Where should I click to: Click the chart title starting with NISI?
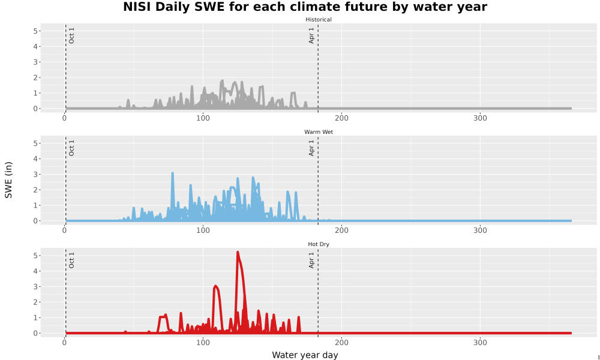[x=305, y=7]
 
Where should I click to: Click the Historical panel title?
[x=319, y=20]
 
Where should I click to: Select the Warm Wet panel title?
[x=319, y=132]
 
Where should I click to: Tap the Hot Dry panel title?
[x=319, y=244]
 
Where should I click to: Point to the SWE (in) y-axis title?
[x=8, y=180]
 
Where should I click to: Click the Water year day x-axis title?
[x=305, y=355]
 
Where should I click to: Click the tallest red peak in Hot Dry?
[x=238, y=252]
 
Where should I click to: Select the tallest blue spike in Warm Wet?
[x=173, y=173]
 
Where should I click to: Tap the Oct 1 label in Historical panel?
[x=71, y=35]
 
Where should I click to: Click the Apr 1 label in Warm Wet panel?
[x=311, y=148]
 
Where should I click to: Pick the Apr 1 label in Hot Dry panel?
[x=311, y=260]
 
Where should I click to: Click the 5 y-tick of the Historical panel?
[x=35, y=31]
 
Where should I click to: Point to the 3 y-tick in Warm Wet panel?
[x=35, y=175]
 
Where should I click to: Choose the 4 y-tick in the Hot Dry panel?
[x=35, y=271]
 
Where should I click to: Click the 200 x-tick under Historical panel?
[x=341, y=118]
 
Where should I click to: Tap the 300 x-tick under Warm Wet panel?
[x=480, y=230]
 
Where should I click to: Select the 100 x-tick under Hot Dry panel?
[x=203, y=343]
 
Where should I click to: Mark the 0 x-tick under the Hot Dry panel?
[x=64, y=343]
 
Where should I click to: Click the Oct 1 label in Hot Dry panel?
[x=71, y=260]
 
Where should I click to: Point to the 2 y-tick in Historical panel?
[x=35, y=77]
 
